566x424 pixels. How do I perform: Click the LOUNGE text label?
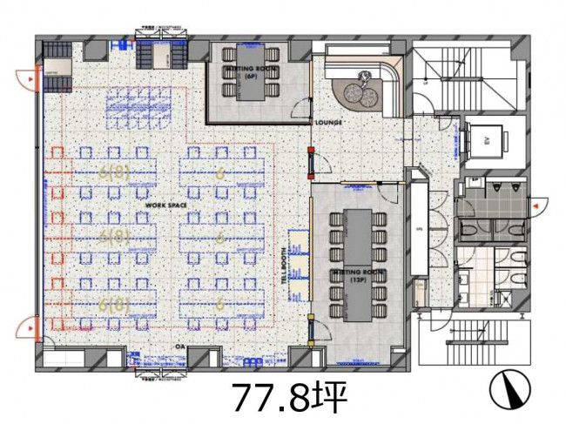[329, 124]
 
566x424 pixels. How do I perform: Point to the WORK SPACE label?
[166, 205]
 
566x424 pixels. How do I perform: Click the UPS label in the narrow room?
[420, 230]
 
